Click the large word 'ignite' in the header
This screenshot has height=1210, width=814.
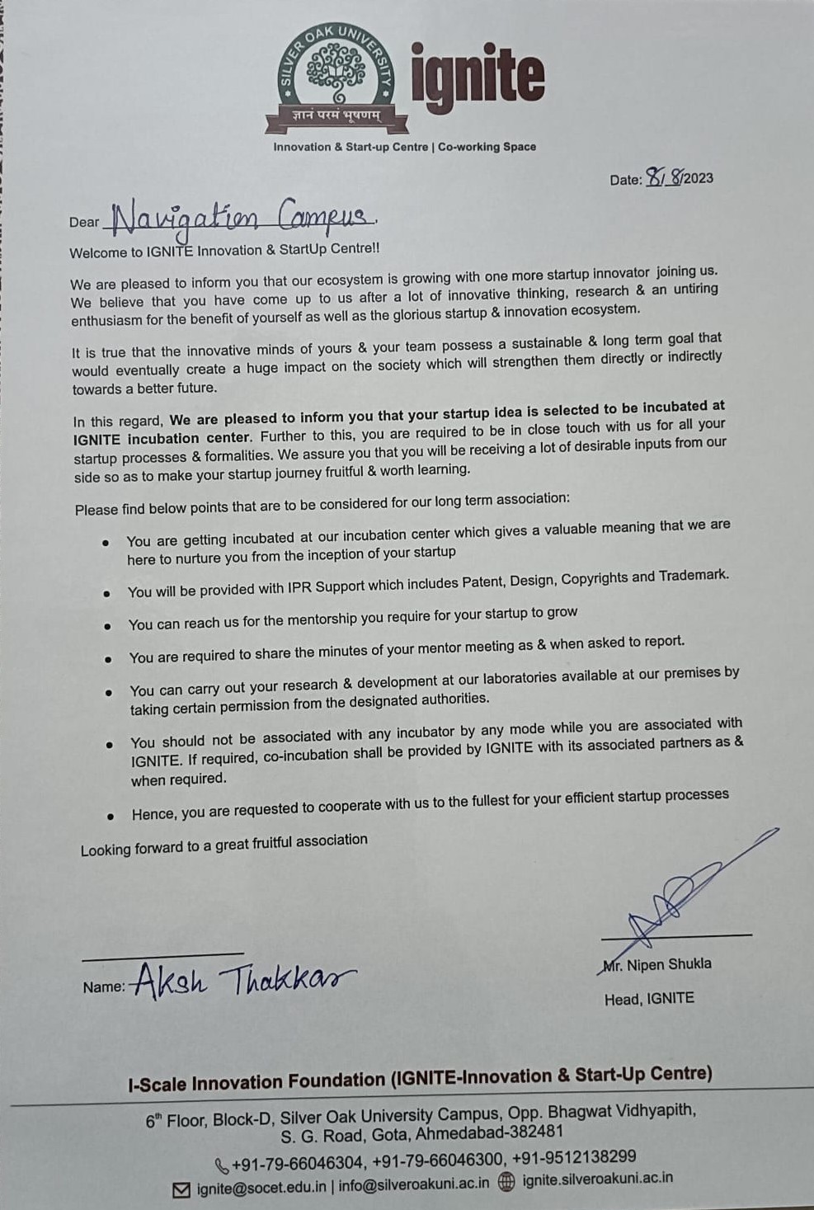478,78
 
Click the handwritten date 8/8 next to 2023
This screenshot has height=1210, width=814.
664,177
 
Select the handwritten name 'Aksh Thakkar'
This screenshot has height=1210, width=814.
242,981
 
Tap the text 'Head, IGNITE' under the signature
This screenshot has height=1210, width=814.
649,999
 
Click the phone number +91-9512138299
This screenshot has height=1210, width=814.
574,1157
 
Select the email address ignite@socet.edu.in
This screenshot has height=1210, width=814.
261,1189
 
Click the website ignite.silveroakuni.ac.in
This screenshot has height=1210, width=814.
597,1179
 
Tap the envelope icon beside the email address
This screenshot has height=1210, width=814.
181,1190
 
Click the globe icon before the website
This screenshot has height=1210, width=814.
507,1181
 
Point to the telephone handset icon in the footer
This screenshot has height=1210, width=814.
221,1166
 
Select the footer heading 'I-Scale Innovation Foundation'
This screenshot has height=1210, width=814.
256,1082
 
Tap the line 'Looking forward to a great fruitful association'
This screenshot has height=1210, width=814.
223,845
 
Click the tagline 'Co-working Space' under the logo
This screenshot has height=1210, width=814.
487,147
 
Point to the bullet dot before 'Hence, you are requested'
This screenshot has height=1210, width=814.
111,816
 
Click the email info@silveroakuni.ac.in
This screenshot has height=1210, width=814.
413,1184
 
